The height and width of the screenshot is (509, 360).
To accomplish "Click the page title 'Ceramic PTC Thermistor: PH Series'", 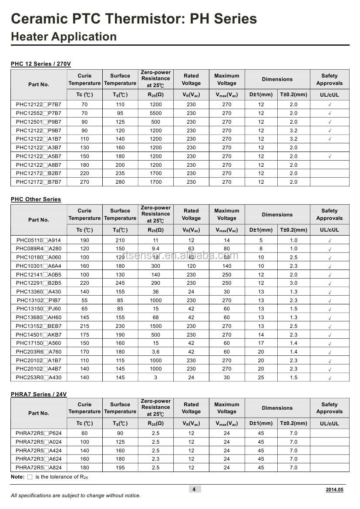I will click(134, 19).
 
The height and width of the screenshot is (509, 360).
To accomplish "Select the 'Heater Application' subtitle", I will click(64, 37).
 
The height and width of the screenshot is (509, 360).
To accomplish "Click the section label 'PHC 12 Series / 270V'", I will click(40, 64).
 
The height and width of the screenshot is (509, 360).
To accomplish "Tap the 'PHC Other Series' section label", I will click(36, 199).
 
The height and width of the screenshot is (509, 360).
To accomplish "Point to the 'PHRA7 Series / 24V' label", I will click(39, 394).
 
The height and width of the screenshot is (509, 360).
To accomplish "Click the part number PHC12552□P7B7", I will click(39, 113).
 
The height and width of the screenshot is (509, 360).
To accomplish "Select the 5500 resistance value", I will click(155, 113).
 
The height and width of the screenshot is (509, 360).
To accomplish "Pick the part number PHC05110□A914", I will click(39, 240).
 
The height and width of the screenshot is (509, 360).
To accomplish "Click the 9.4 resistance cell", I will click(155, 249).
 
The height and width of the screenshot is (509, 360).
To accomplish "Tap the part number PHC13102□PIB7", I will click(39, 300).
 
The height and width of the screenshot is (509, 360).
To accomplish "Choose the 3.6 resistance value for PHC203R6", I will click(155, 352).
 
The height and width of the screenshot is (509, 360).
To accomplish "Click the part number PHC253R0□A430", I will click(39, 378).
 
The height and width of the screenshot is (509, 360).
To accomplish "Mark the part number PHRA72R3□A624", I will click(39, 459).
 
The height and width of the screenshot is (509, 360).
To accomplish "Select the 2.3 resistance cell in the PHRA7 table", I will click(155, 459).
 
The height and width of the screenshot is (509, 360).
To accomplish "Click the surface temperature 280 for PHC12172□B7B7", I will click(120, 182).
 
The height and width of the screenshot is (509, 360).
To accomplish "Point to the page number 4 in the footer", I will click(194, 489).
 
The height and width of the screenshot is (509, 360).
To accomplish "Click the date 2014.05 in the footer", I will click(334, 490).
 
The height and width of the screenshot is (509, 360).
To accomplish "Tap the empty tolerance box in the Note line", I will click(30, 477).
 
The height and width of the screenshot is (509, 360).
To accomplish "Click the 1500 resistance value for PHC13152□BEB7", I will click(155, 326).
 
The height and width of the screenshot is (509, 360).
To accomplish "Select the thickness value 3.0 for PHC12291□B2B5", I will click(293, 283).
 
